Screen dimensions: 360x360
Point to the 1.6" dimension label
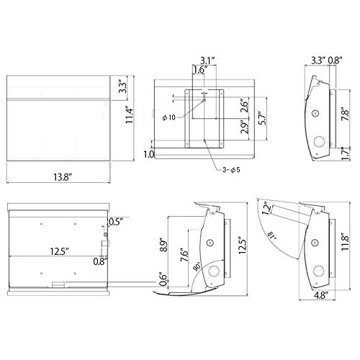201,70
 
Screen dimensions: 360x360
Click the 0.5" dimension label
114,221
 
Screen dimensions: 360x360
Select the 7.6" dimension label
186,256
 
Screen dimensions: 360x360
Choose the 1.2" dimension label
267,210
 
